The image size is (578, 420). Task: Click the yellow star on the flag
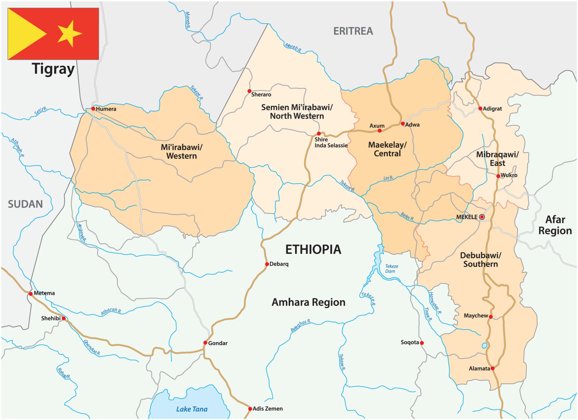point(69,34)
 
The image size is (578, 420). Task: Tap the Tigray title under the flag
point(53,69)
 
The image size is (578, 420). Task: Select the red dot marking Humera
point(93,109)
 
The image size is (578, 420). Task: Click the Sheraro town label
point(261,95)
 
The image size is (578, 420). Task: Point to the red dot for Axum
point(380,130)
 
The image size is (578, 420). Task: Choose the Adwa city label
point(412,125)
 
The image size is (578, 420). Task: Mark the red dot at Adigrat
point(480,108)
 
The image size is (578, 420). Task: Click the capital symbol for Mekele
point(482,217)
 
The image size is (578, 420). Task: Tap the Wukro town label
point(509,175)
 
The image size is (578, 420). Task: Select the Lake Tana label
point(192,409)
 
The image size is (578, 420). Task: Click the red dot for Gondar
point(205,343)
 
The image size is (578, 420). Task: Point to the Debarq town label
point(279,264)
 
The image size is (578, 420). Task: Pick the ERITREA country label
point(353,31)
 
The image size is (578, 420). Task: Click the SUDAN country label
point(25,204)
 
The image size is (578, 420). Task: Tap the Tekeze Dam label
point(391,269)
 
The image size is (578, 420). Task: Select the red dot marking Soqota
point(422,343)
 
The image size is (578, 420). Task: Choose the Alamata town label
point(479,368)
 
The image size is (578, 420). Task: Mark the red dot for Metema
point(31,294)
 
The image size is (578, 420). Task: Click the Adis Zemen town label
point(268,409)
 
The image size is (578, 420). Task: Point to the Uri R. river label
point(388,178)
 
